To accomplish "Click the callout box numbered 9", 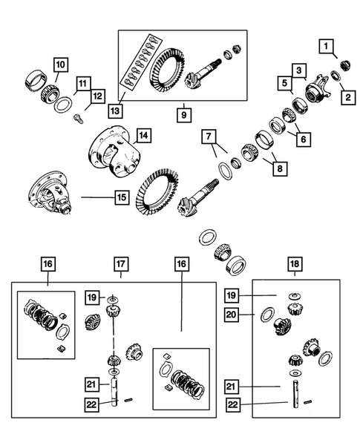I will coord(183,115).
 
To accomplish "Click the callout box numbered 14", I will coord(143,136).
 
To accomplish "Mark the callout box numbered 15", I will coord(120,197).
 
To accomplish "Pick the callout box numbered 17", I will coord(120,263).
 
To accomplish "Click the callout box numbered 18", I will coord(295,263).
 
